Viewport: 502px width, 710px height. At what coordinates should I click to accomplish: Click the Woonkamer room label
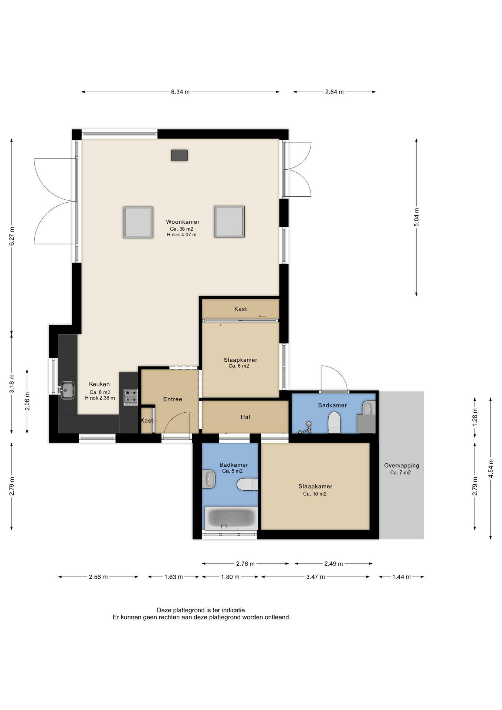tap(183, 222)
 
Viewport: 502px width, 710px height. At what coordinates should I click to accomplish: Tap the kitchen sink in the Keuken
tap(67, 390)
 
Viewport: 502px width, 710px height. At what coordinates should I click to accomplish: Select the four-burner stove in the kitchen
tap(130, 397)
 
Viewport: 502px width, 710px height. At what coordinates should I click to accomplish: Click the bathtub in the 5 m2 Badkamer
tap(231, 518)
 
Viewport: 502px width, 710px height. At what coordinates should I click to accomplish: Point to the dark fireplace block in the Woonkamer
tap(179, 155)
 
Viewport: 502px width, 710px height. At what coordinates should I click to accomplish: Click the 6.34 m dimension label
tap(180, 92)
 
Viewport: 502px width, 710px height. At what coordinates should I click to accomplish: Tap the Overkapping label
tap(401, 466)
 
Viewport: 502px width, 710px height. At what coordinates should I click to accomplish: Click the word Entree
tap(173, 399)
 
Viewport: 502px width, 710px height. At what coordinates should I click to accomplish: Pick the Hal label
tap(245, 417)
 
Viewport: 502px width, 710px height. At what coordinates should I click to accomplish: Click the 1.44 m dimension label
tap(401, 577)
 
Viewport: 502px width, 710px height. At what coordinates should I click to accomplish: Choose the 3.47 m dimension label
tap(315, 577)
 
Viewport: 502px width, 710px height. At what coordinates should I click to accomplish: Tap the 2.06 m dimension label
tap(27, 401)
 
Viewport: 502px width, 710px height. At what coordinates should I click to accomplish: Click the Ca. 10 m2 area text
tap(315, 494)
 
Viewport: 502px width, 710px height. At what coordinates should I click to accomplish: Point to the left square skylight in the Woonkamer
tap(138, 222)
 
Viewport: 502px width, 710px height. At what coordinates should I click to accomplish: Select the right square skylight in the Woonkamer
tap(229, 222)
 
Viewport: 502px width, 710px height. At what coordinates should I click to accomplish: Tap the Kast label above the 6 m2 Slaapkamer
tap(241, 309)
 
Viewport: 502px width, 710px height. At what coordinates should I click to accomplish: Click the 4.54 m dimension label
tap(491, 469)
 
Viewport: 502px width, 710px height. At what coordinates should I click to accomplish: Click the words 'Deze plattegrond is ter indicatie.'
tap(202, 610)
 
